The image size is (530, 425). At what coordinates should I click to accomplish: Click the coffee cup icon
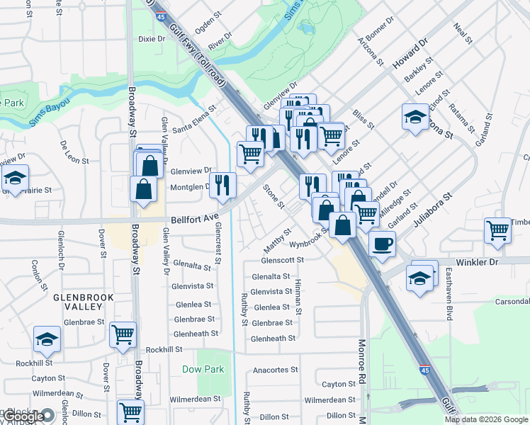(x=383, y=244)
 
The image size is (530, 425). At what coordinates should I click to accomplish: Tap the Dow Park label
(x=203, y=369)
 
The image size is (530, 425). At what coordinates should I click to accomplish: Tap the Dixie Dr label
(x=152, y=39)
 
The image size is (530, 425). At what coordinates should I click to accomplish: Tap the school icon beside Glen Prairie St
(x=15, y=180)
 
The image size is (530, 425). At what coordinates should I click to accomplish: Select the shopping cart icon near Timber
(x=497, y=229)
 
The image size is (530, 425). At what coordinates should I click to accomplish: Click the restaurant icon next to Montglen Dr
(x=223, y=185)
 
